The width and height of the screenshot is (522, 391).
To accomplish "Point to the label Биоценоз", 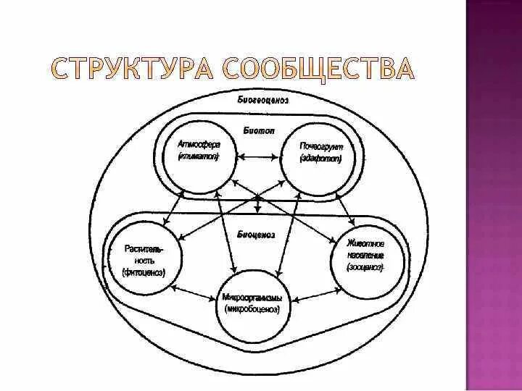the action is coord(255,234).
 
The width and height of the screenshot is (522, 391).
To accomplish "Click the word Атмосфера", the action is coord(198,144).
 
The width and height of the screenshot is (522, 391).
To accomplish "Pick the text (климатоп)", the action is coord(198,156).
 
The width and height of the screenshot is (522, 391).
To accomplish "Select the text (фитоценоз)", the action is coord(144,273).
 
